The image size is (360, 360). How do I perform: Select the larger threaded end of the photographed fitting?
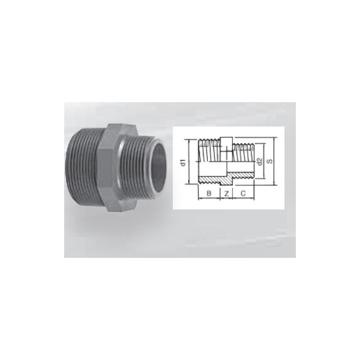coord(83,170)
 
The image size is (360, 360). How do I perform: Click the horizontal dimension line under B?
coord(209,199)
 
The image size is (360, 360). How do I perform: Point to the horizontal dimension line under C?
coord(243,199)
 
